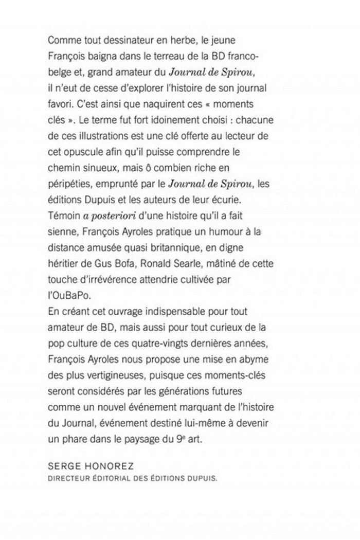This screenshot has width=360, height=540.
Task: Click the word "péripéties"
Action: point(67,184)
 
